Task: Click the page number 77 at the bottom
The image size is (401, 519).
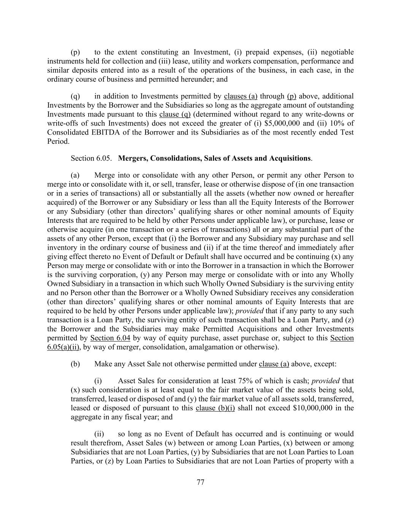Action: coord(201,482)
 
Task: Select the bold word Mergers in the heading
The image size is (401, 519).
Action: coord(133,159)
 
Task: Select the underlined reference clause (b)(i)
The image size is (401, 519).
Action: coord(215,408)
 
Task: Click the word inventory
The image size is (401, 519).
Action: coord(60,248)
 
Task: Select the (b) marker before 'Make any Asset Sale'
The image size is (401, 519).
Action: coord(75,364)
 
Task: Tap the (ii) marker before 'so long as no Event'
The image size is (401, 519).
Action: coord(99,434)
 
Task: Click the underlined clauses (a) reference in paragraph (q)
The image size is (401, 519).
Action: coord(241,96)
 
